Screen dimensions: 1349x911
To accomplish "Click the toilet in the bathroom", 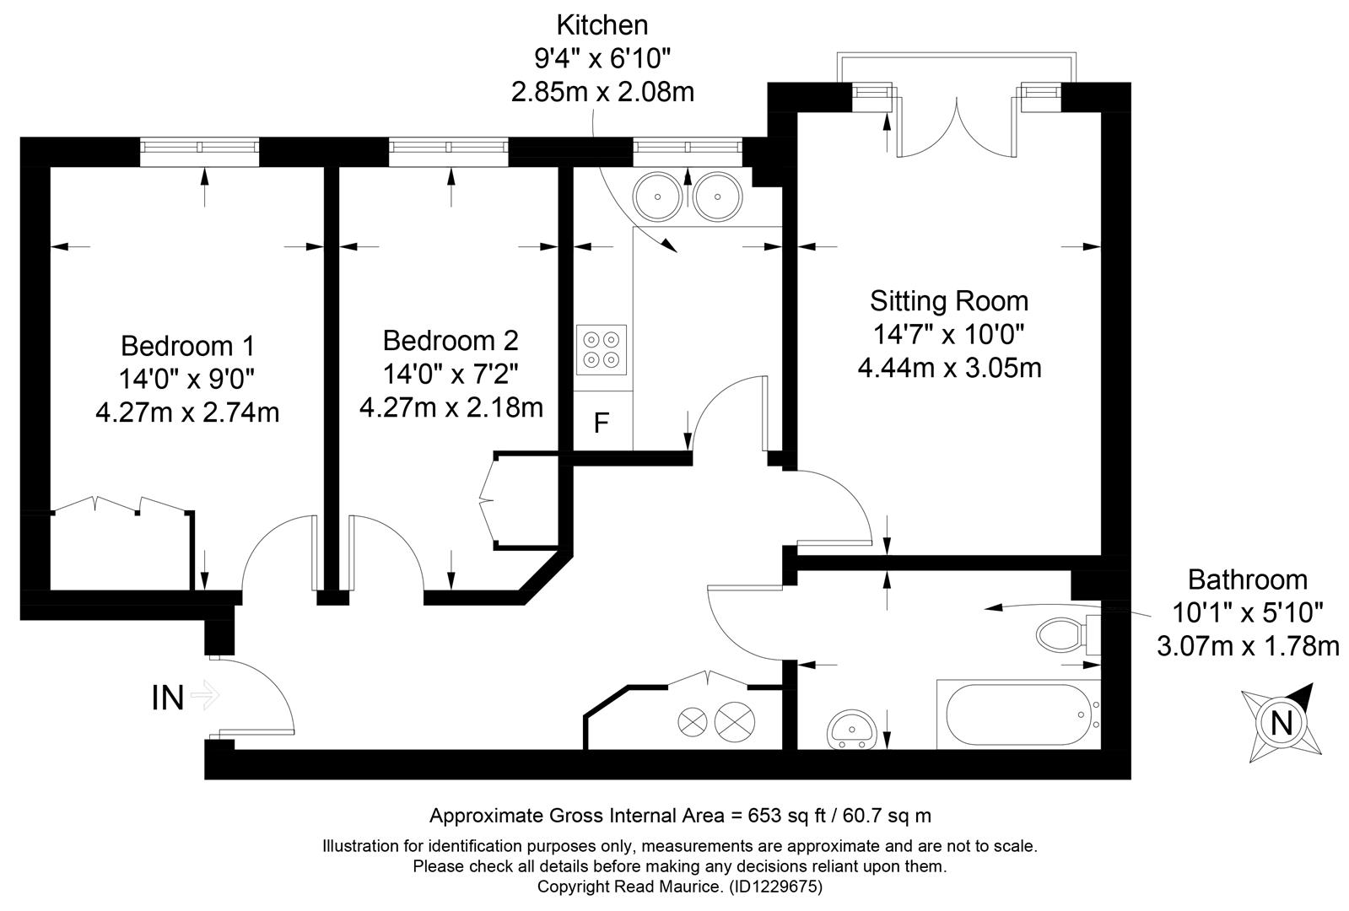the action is click(x=1068, y=634).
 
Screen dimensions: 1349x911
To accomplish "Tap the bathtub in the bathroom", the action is click(x=1018, y=714).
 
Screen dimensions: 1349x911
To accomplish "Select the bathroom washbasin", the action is click(x=853, y=730).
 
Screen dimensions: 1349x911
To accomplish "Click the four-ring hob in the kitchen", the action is click(x=601, y=350).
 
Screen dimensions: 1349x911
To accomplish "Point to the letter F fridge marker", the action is click(x=601, y=423).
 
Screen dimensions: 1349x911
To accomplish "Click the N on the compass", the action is click(x=1281, y=723).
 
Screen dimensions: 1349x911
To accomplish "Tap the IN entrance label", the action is click(x=167, y=698).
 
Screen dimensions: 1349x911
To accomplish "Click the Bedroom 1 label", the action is click(x=187, y=346).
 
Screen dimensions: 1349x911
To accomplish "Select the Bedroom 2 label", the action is click(x=451, y=341).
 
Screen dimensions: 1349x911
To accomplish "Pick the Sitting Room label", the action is click(x=949, y=301).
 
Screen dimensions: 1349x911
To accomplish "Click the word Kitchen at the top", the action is click(x=602, y=25).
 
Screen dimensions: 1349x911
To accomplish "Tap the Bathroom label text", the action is click(x=1248, y=579).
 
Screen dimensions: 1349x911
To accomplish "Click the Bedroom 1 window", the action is click(x=199, y=152).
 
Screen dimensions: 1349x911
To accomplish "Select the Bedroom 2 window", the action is click(x=449, y=152).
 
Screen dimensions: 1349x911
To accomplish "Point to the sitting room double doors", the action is click(x=957, y=127).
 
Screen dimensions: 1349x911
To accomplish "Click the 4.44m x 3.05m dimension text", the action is click(x=950, y=368).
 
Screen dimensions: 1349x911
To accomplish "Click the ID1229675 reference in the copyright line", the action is click(x=775, y=887).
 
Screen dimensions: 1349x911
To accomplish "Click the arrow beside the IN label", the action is click(x=205, y=695).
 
